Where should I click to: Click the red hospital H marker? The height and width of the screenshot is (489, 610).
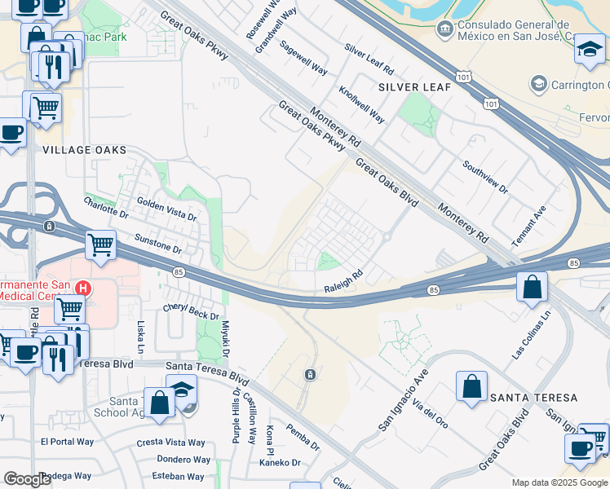[x=82, y=288]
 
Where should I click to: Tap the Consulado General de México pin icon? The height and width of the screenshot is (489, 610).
[x=444, y=30]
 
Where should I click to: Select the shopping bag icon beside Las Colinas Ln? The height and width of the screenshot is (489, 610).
[x=532, y=288]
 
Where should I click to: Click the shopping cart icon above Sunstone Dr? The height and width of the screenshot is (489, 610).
[x=100, y=244]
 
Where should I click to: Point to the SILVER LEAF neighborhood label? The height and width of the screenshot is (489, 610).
[x=409, y=86]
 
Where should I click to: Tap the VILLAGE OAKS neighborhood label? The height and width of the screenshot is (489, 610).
[x=85, y=150]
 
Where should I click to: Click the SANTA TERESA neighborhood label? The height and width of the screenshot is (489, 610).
[x=533, y=398]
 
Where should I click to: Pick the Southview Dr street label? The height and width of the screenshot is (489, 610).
[x=485, y=178]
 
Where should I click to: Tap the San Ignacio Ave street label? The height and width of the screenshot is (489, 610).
[x=403, y=400]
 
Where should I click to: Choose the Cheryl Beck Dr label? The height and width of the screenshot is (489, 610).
[x=192, y=311]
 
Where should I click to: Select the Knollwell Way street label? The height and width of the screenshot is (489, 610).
[x=361, y=105]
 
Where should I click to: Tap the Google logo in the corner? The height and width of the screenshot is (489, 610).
[x=27, y=479]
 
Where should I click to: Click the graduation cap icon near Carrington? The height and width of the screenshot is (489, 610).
[x=590, y=51]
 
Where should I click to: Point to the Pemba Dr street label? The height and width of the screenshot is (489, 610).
[x=303, y=437]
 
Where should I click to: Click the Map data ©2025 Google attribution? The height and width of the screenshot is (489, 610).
[x=559, y=482]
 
